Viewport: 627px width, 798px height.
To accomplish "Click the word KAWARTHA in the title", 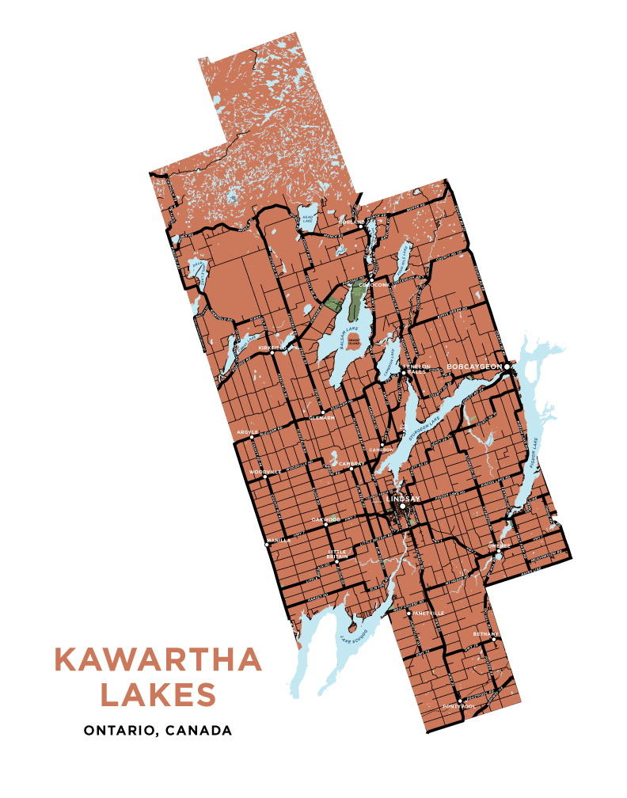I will pos(158,660).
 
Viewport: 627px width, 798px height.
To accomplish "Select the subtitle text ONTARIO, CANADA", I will pos(158,730).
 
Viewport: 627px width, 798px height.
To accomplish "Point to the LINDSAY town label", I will pos(405,500).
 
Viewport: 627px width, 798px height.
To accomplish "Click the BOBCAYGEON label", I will pos(474,367).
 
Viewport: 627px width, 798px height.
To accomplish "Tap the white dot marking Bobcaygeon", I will pos(507,367).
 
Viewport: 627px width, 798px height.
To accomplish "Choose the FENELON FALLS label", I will pos(419,368).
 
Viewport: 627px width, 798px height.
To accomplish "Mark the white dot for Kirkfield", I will pos(273,353).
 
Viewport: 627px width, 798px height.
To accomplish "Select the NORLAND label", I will pos(349,223).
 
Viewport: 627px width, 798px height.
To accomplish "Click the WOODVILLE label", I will pos(265,471).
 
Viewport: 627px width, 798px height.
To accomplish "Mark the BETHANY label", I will pos(484,634).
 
